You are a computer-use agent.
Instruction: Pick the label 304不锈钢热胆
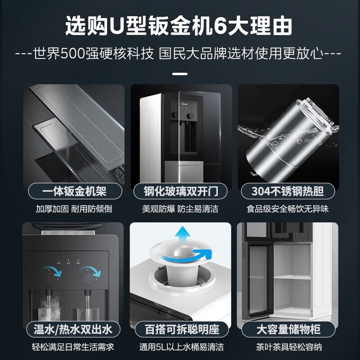288,192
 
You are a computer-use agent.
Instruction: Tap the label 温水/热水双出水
72,329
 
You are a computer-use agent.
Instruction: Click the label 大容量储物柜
288,329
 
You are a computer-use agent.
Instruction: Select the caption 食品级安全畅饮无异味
288,209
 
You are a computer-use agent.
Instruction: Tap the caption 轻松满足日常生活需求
72,347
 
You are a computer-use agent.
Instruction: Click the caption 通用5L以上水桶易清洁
181,347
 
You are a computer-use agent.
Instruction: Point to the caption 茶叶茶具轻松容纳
288,347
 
